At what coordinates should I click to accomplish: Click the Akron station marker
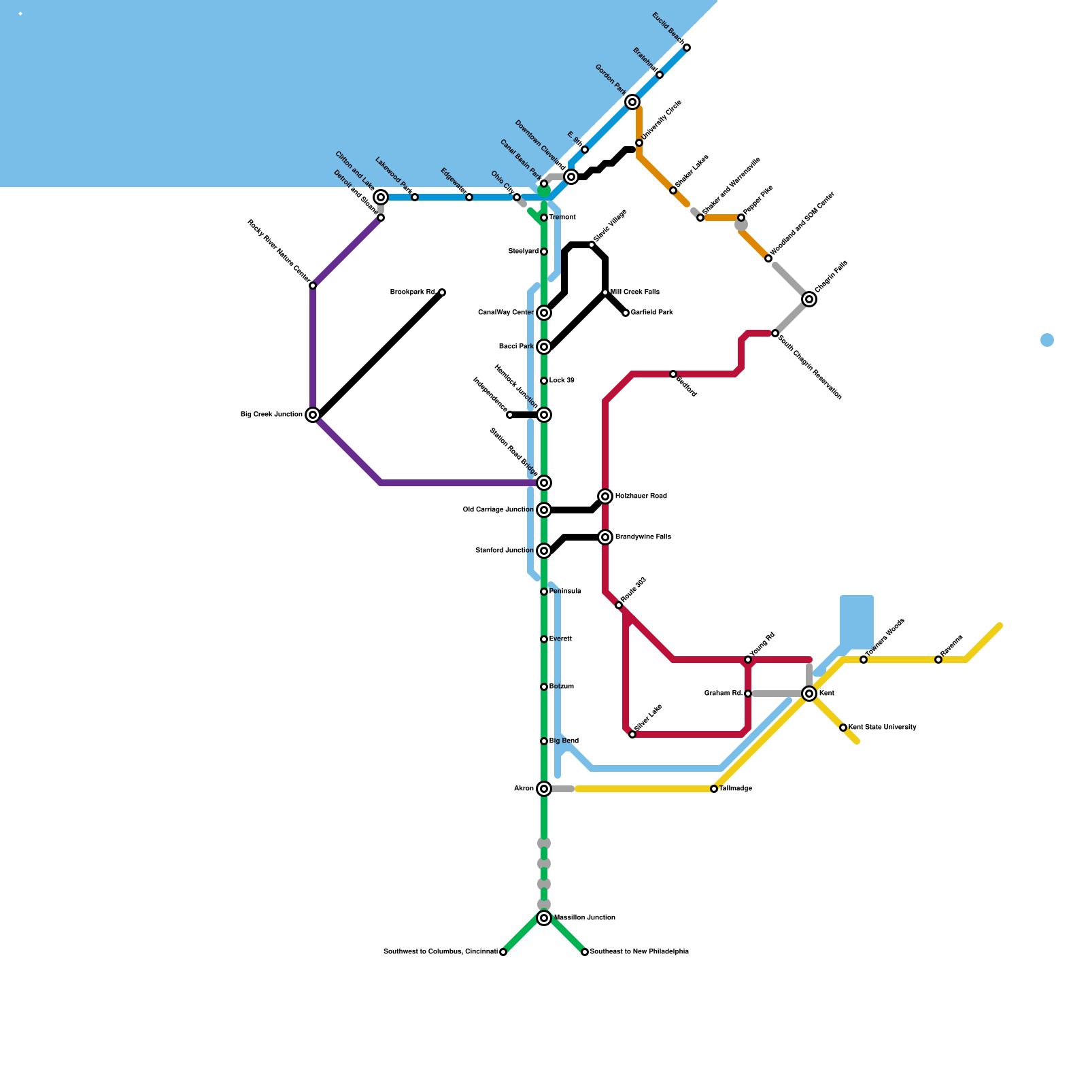tap(544, 789)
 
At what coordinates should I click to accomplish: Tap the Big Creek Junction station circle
tap(313, 415)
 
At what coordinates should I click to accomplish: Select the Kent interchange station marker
tap(809, 694)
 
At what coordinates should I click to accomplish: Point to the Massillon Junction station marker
tap(544, 918)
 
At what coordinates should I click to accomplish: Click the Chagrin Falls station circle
tap(809, 299)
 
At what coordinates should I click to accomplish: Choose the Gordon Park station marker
tap(632, 102)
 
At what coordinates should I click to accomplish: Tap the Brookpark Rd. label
tap(413, 292)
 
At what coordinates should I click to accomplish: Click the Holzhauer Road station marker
tap(605, 496)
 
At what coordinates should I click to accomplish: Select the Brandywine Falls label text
tap(643, 537)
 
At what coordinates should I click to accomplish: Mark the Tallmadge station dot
tap(714, 789)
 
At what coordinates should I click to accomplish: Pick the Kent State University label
tap(883, 728)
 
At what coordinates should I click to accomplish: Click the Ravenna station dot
tap(938, 660)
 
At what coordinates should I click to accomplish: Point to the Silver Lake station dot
tap(632, 734)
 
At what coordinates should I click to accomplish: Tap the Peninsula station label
tap(565, 592)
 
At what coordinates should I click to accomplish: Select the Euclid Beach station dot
tap(687, 48)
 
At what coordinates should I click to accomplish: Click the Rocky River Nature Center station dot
tap(313, 286)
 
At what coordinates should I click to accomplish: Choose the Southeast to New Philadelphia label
tap(639, 952)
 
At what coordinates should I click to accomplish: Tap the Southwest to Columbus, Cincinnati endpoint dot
tap(503, 952)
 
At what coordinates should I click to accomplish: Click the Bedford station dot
tap(673, 374)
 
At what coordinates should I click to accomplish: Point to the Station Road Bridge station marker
tap(544, 483)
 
